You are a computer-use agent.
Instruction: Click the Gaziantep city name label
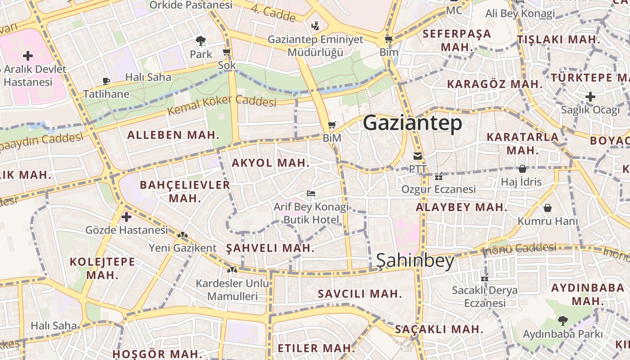tap(413, 123)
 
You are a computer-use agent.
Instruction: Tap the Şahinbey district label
tap(415, 261)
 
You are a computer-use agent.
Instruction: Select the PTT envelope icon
tap(418, 156)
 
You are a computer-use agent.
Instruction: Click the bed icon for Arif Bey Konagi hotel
tap(310, 194)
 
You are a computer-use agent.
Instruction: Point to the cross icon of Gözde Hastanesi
tap(126, 217)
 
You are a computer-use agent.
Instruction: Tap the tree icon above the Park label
tap(201, 41)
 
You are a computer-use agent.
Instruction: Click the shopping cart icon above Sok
tap(227, 52)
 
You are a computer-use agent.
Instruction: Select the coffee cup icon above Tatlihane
tap(106, 81)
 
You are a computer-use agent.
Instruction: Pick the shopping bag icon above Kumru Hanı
tap(548, 208)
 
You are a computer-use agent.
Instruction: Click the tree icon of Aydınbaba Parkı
tap(562, 321)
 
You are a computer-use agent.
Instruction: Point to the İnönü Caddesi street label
tap(519, 248)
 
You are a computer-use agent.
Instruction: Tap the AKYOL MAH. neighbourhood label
tap(270, 163)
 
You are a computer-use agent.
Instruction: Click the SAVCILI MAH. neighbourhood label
tap(360, 294)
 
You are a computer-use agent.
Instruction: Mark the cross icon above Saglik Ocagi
tap(590, 97)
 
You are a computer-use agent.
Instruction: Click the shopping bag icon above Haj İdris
tap(522, 169)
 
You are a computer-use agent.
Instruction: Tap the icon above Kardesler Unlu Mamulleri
tap(232, 270)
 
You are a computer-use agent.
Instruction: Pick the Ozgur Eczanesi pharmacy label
tap(438, 189)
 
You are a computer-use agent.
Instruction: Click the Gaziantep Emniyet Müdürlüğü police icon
tap(315, 26)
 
